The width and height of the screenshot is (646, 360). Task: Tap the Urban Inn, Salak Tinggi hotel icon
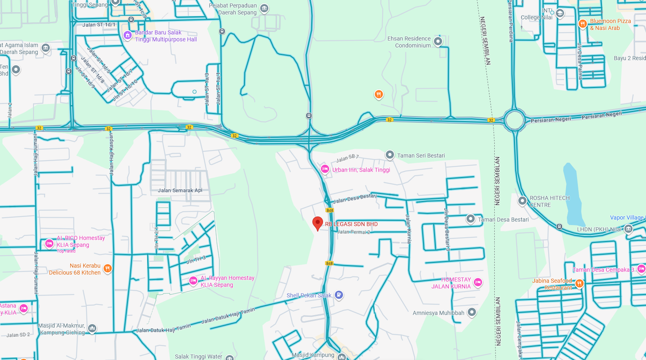(x=325, y=169)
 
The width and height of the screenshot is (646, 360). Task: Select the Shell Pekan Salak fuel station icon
(x=338, y=295)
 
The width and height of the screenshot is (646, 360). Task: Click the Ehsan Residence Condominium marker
(x=438, y=41)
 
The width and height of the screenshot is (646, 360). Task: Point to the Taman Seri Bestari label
(x=421, y=155)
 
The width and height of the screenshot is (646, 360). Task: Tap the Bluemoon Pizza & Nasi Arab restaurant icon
(x=582, y=24)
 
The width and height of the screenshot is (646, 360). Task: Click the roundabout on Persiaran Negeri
(x=514, y=120)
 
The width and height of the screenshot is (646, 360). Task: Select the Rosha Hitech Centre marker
(x=522, y=201)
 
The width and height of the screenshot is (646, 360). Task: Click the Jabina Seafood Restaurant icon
(x=579, y=283)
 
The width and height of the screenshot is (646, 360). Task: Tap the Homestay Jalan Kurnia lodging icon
(x=478, y=282)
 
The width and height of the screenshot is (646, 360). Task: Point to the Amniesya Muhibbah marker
(x=472, y=312)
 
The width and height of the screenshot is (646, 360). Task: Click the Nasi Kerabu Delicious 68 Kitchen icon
(x=108, y=268)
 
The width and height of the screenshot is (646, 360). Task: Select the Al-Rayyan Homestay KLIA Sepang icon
(x=193, y=280)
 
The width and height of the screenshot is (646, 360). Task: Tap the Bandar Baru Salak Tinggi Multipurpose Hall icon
(x=128, y=35)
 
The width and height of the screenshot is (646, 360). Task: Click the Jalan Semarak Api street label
(x=180, y=190)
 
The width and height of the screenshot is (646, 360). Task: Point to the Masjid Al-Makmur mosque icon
(x=92, y=328)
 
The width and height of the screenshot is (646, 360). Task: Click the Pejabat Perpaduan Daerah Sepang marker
(x=264, y=8)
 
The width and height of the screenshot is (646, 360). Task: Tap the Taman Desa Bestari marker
(x=471, y=219)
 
